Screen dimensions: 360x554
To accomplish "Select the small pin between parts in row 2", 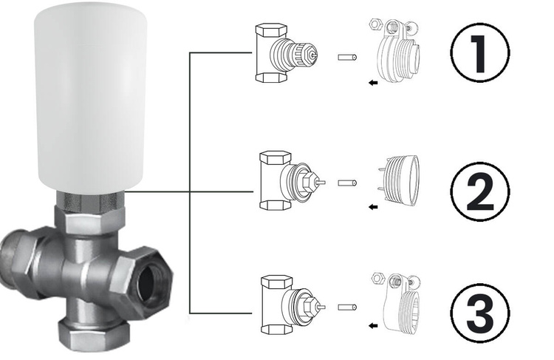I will tap(347, 182).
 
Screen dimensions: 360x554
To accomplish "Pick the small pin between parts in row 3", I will tap(347, 305).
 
